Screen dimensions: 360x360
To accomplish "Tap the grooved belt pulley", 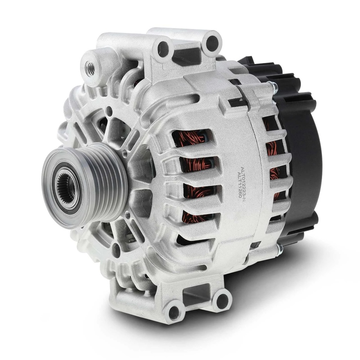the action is click(x=84, y=186).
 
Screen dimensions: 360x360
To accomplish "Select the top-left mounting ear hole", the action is click(x=163, y=50).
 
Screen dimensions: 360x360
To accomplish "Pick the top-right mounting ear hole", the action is click(x=212, y=44).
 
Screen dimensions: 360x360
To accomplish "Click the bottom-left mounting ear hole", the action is click(x=174, y=313).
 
